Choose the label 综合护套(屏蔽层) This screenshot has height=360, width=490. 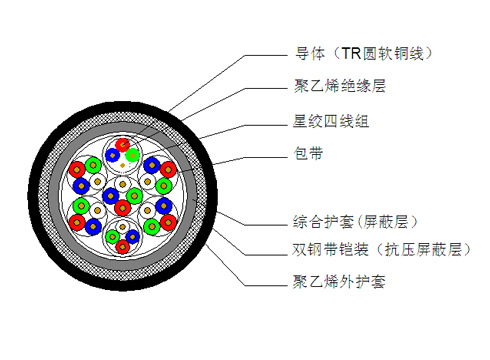[346, 222]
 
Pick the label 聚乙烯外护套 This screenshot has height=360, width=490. [332, 282]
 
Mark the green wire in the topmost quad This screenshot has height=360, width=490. [132, 154]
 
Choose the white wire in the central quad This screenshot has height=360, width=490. [123, 185]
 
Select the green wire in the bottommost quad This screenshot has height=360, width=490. [133, 238]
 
